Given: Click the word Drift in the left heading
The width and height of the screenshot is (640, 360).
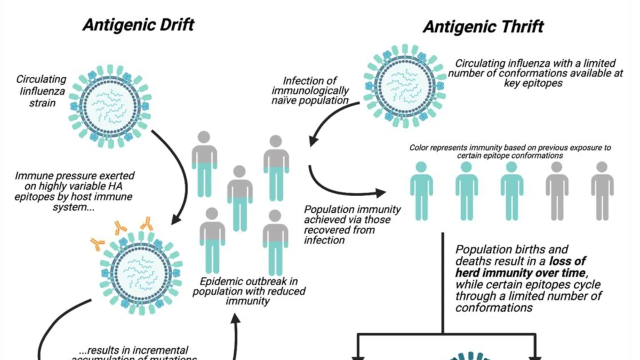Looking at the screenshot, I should (x=171, y=24).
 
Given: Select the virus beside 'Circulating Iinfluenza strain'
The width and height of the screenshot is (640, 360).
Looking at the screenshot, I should (x=110, y=105).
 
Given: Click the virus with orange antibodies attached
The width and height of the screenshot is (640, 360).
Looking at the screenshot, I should (x=141, y=273).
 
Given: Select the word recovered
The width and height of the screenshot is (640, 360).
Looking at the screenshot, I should (x=326, y=230).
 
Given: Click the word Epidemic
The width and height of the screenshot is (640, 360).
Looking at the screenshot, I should (x=221, y=281).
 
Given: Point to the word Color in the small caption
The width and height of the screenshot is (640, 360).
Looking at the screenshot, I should (x=421, y=147).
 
